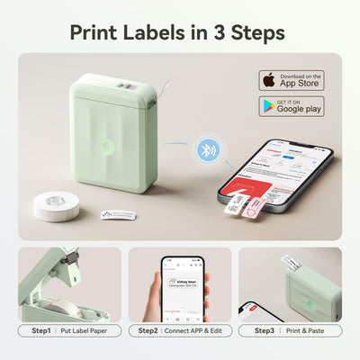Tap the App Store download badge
coord(292,80)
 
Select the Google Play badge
coord(292,106)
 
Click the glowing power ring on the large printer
coord(107,146)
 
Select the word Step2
coord(149,331)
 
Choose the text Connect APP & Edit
coord(199,331)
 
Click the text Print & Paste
coord(307,331)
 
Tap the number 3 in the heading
coord(226,31)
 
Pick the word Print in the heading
coord(99,31)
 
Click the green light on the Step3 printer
coord(310,304)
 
